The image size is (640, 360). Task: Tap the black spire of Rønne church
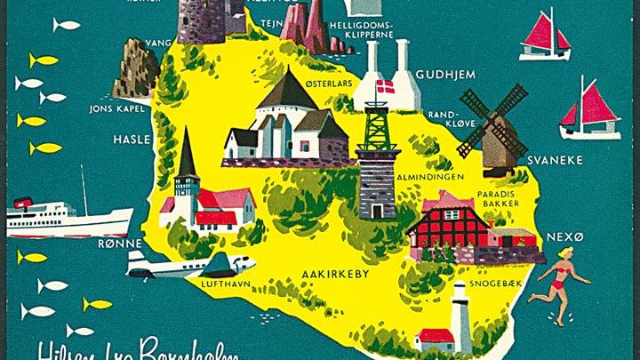187,156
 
